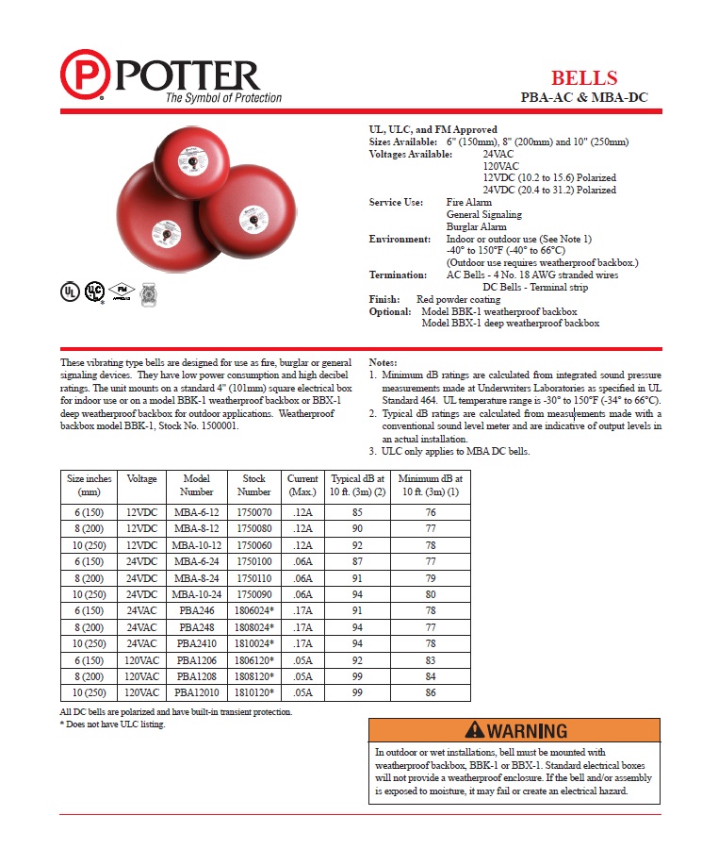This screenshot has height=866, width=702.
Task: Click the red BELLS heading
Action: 584,77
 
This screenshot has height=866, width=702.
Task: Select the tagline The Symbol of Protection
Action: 223,98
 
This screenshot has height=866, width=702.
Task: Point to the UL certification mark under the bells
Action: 69,291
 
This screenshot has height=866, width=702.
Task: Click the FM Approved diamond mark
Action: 121,291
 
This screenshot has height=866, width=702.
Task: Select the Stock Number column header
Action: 254,485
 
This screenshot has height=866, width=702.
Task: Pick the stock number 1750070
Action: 254,512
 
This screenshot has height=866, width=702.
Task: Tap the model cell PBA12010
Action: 197,693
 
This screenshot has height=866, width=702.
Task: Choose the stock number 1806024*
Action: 254,610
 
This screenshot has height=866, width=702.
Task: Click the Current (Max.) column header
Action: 302,485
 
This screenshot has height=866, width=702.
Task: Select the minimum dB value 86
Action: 430,693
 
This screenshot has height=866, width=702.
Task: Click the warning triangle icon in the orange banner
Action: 474,730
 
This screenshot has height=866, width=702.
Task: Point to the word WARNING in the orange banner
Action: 528,731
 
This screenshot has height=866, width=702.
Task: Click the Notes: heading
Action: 384,362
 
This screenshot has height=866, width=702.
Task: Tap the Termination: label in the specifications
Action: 399,275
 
